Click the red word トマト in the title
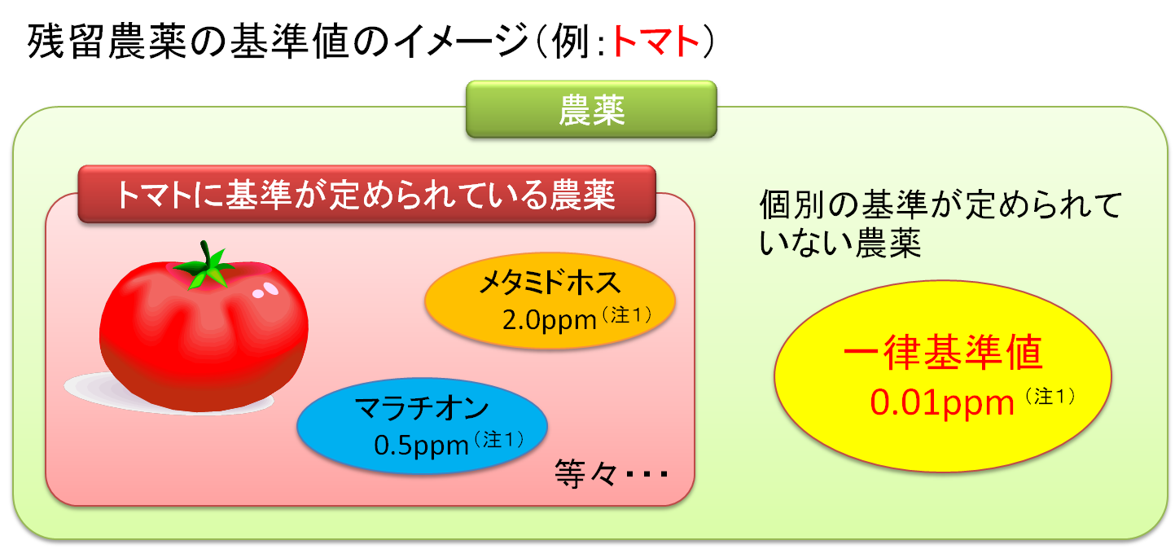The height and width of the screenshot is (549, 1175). [655, 41]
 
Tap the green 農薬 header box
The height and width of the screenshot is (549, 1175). [591, 109]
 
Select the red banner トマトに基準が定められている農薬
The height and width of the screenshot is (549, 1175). [366, 194]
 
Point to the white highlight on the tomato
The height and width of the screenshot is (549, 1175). [265, 290]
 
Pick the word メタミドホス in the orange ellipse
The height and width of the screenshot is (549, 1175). [550, 283]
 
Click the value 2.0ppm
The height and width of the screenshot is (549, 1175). [549, 319]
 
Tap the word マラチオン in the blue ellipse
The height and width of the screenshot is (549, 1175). [422, 408]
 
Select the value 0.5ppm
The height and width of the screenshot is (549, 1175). [421, 445]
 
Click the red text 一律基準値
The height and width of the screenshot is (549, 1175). [943, 352]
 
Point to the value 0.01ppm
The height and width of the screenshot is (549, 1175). [942, 403]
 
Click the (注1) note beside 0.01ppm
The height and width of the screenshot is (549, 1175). [1050, 396]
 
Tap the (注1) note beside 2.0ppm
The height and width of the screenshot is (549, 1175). [627, 315]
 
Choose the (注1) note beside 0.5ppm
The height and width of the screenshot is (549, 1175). [499, 440]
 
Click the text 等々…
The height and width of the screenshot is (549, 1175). [611, 473]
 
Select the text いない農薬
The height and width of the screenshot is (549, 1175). [840, 243]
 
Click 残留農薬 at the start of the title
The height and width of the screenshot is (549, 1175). [107, 41]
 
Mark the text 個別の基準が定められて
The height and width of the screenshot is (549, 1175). [940, 204]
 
